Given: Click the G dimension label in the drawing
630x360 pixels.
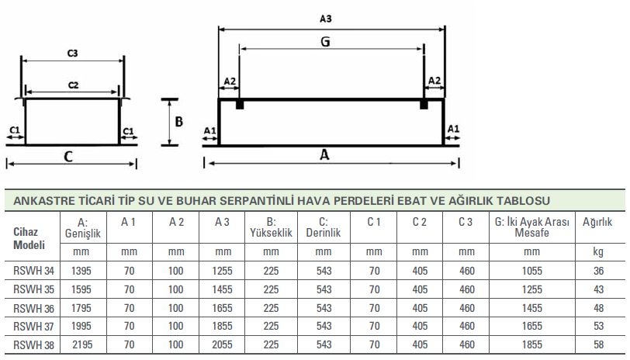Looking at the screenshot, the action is [325, 41].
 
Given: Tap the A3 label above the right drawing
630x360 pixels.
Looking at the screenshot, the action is [325, 19].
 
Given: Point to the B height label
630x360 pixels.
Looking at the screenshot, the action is [178, 121].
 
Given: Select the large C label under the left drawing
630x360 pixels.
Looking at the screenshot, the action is [68, 156].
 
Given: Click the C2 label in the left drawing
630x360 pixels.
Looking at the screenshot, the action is [73, 85].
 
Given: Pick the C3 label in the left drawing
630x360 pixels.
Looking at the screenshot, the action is [72, 54].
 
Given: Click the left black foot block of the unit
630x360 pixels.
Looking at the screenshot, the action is [240, 105].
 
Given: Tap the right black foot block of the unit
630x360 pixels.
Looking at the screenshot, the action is [424, 105].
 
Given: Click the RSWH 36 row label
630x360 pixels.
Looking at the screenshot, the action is [34, 309].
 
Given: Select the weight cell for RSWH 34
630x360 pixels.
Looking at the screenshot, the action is [599, 272].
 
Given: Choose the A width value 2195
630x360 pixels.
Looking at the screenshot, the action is [82, 344].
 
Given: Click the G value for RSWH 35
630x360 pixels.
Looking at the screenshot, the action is [532, 289].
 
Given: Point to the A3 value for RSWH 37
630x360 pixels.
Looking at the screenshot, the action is [222, 326].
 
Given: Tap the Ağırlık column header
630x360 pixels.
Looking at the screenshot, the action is [597, 222].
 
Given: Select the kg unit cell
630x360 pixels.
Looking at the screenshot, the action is [598, 252].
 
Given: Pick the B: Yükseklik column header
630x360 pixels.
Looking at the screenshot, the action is [272, 227].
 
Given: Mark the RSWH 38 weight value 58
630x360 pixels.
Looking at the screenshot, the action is [599, 344].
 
